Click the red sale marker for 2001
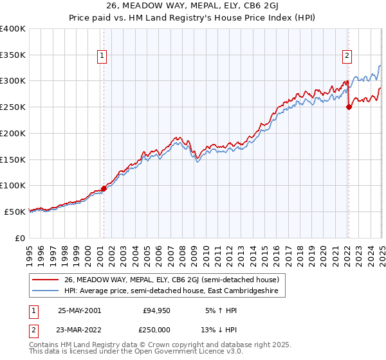(x=104, y=188)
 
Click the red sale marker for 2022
(x=349, y=107)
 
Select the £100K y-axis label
(x=13, y=186)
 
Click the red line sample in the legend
(x=46, y=280)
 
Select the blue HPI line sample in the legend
(x=46, y=292)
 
